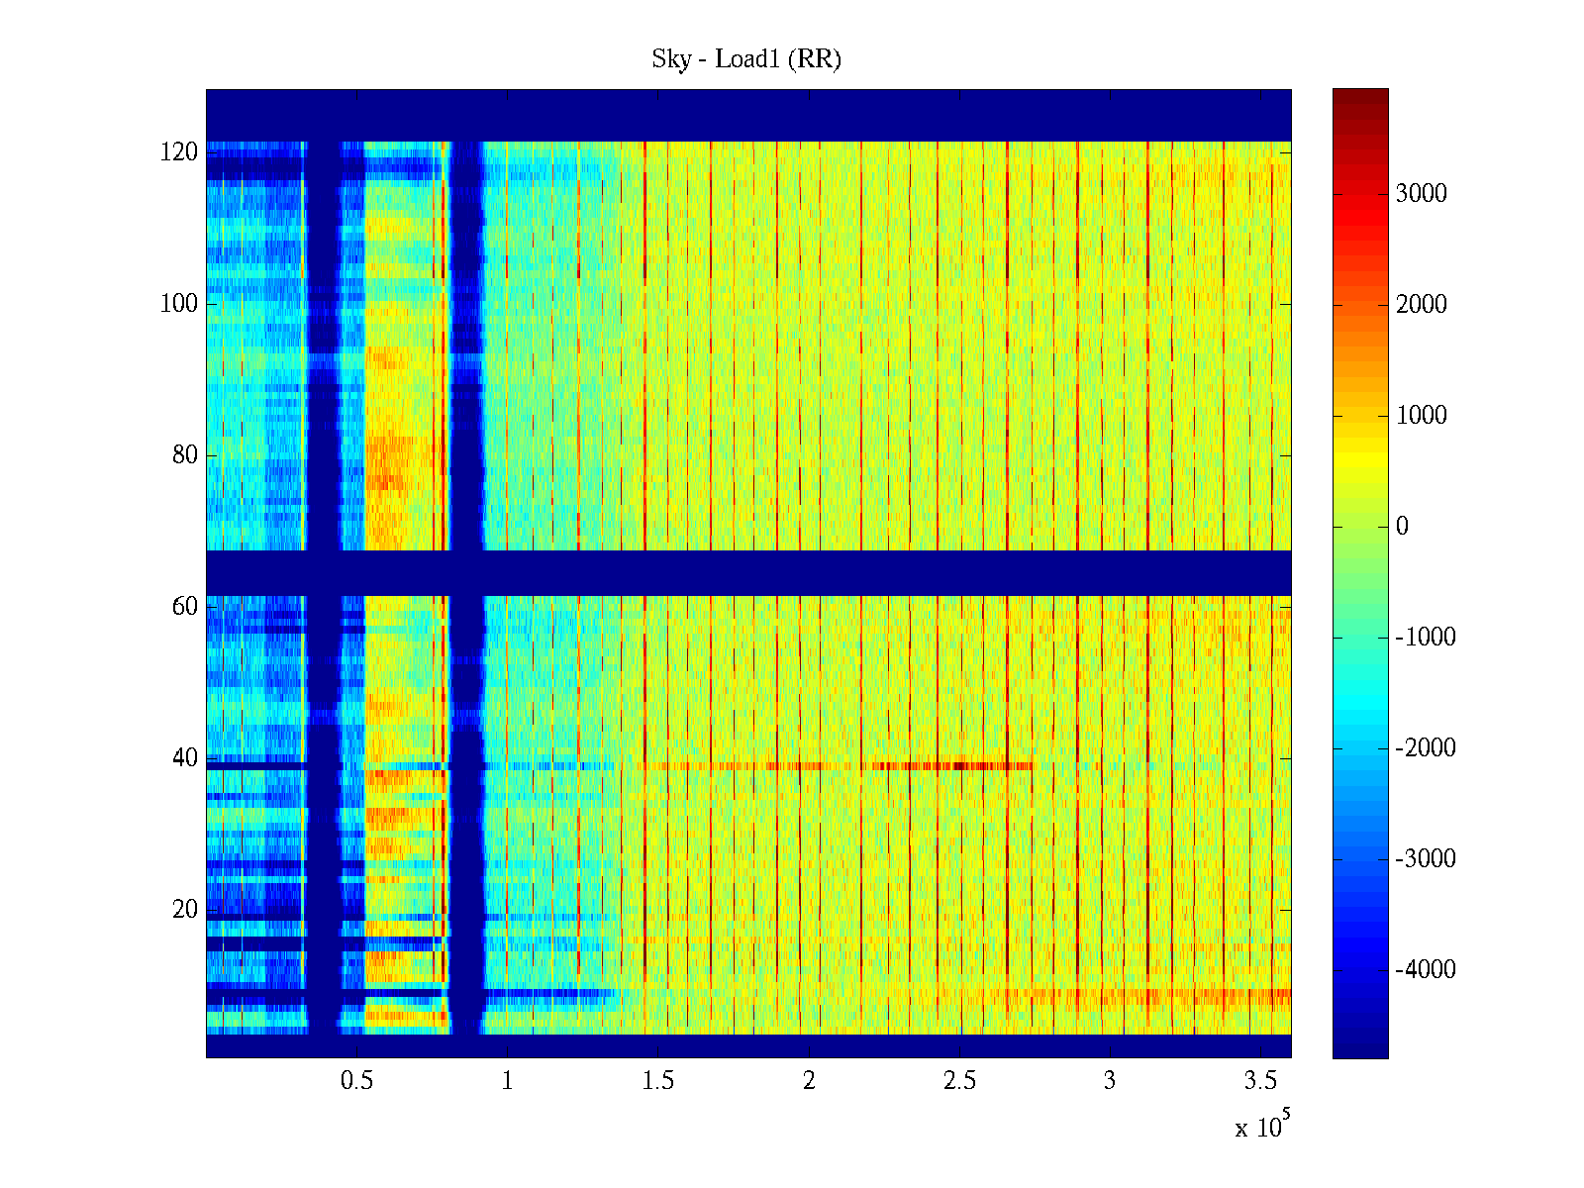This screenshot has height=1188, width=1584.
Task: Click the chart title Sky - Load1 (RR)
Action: (x=745, y=59)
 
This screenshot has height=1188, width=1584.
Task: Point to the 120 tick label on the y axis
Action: (x=179, y=152)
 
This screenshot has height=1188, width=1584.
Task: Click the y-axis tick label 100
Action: (x=179, y=304)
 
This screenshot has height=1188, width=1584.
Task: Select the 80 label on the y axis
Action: (x=185, y=455)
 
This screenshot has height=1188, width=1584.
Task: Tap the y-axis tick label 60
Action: (x=185, y=607)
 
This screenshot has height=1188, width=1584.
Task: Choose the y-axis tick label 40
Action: (x=185, y=758)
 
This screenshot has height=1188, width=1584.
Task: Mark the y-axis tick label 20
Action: (x=185, y=910)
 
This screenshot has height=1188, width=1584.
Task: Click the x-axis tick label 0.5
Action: (x=356, y=1081)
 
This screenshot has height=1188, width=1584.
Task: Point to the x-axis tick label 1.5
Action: (x=657, y=1081)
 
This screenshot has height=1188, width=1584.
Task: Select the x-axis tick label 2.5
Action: (x=959, y=1081)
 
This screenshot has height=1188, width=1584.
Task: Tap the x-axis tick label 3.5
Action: (x=1260, y=1081)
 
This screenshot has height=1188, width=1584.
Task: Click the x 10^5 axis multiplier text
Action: (x=1262, y=1127)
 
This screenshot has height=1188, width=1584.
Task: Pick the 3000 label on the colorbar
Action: (x=1422, y=194)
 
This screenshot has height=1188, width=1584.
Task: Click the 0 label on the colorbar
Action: (x=1402, y=527)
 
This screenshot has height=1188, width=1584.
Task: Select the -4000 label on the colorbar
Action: (x=1426, y=970)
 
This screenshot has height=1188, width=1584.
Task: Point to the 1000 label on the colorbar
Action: (x=1422, y=416)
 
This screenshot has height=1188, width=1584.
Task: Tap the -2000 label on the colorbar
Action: (x=1426, y=748)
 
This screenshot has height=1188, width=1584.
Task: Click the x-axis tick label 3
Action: (x=1110, y=1081)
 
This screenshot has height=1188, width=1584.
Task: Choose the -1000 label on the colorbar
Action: (x=1426, y=638)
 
